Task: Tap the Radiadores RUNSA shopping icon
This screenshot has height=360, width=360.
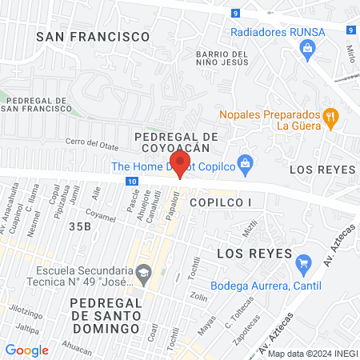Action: (307, 48)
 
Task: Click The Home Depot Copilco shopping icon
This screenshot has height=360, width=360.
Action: (246, 166)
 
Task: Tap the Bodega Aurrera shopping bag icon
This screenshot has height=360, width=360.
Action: (303, 262)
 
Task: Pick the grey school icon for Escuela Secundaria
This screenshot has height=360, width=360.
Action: (143, 272)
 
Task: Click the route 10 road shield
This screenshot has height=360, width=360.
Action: (131, 182)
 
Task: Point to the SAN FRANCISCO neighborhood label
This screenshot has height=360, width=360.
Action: (94, 37)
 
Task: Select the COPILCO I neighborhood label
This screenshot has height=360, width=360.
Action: (221, 203)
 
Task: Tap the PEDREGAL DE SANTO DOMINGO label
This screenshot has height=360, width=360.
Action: (106, 310)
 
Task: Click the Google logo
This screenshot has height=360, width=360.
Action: (27, 350)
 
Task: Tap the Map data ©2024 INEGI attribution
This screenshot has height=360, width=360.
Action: (311, 354)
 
